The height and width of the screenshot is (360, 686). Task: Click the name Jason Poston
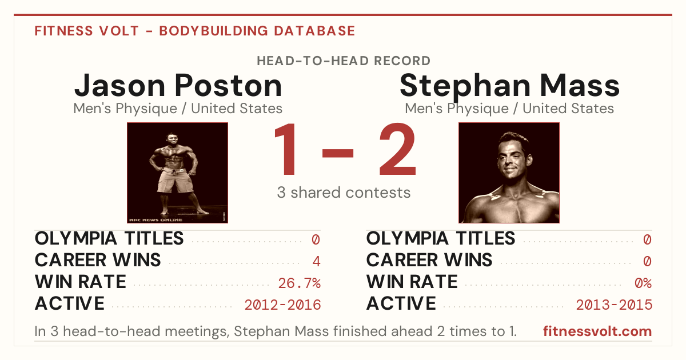click(x=178, y=86)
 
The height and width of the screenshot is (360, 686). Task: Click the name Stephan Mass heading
click(x=509, y=86)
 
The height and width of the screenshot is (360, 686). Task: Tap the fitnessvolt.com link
click(x=597, y=331)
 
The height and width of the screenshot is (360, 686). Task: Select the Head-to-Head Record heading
click(x=344, y=61)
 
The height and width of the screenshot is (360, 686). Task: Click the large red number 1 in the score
click(x=285, y=149)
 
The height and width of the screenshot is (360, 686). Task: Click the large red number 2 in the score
click(x=397, y=149)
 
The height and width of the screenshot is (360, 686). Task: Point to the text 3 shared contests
click(x=344, y=193)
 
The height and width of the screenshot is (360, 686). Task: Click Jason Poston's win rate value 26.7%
click(x=299, y=283)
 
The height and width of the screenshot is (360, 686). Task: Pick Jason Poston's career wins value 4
click(x=316, y=262)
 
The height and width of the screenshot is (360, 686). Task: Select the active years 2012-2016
click(x=282, y=305)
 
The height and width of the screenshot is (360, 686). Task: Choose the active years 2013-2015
click(x=614, y=305)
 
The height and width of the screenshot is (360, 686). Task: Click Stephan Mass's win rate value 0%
click(x=643, y=283)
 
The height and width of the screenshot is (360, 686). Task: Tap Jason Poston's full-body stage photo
click(x=177, y=173)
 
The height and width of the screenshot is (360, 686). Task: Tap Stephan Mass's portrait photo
click(x=509, y=173)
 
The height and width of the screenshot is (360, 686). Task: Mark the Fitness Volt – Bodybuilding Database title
click(x=195, y=31)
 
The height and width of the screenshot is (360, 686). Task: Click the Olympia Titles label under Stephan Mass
click(x=441, y=238)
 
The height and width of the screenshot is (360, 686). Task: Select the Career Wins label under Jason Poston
click(x=98, y=260)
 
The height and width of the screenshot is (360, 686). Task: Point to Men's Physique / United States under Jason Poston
click(x=178, y=109)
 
